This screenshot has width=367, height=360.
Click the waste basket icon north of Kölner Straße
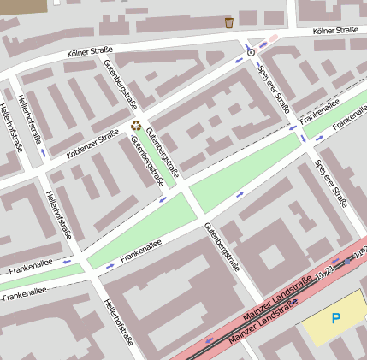click(229, 22)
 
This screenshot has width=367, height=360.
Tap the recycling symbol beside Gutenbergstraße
click(136, 126)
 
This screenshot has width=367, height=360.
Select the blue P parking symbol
click(336, 318)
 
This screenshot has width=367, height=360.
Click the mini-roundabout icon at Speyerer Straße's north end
click(251, 52)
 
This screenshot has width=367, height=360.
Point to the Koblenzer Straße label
click(92, 144)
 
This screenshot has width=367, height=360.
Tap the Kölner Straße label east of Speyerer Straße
click(335, 31)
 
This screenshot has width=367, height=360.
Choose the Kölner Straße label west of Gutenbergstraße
click(90, 54)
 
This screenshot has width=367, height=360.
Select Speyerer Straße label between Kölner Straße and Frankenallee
click(274, 91)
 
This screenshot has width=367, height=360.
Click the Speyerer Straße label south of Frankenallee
click(331, 183)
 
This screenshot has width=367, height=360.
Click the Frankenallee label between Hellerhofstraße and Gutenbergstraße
click(140, 250)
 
